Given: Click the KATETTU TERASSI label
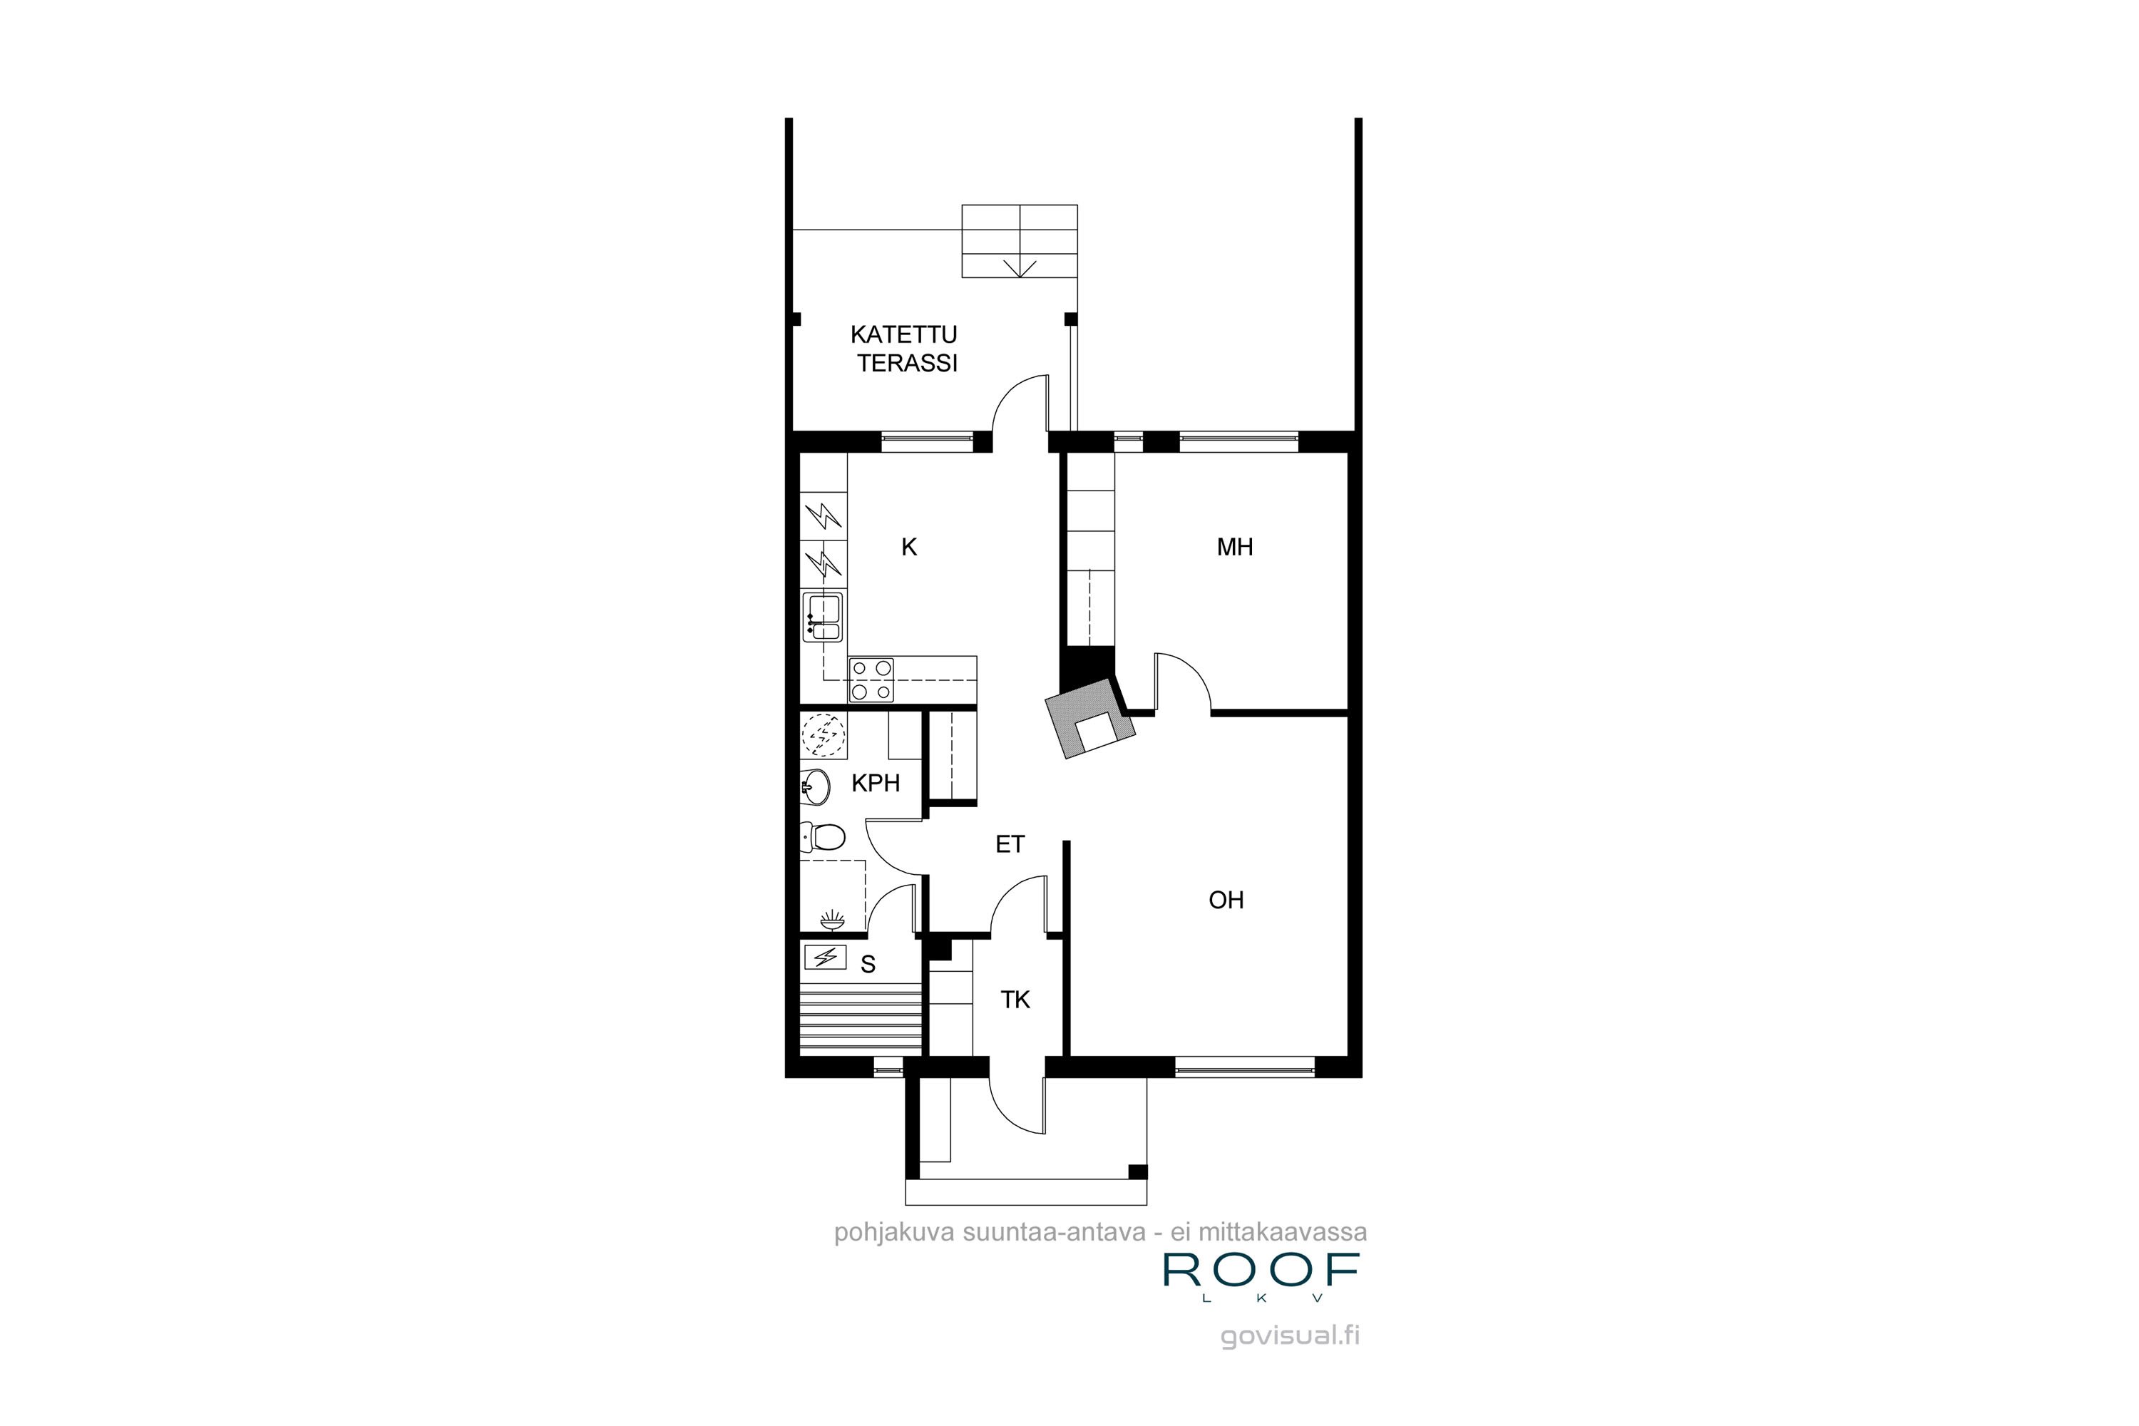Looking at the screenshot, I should click(x=906, y=349).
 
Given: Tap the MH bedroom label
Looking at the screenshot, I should click(x=1234, y=547).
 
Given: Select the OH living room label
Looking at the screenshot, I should click(x=1225, y=901).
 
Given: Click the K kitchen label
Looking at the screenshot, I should click(x=908, y=547).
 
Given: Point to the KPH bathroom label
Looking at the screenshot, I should click(x=875, y=783).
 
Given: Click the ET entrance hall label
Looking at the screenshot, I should click(x=1010, y=844).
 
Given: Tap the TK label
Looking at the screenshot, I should click(x=1015, y=1000).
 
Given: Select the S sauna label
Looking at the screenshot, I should click(x=868, y=965).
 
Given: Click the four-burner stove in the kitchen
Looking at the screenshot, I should click(x=871, y=680).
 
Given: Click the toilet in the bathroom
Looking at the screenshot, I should click(x=824, y=836).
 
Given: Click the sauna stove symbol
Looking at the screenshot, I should click(x=826, y=957).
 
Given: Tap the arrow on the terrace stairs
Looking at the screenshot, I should click(x=1020, y=267).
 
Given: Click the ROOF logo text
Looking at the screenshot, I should click(x=1261, y=1272).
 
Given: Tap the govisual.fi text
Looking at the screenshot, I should click(x=1290, y=1336).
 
